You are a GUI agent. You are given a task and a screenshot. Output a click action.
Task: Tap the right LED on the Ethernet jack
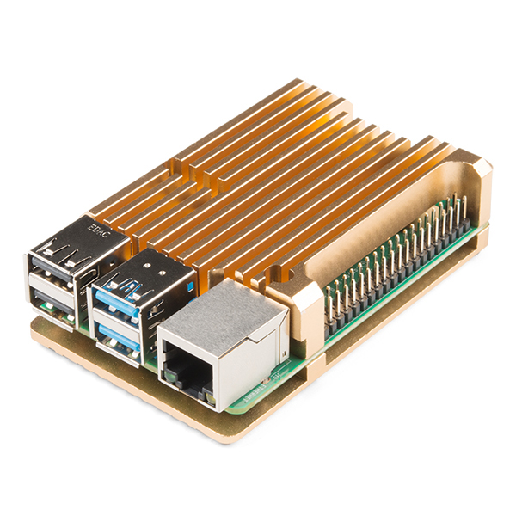[208, 397]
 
